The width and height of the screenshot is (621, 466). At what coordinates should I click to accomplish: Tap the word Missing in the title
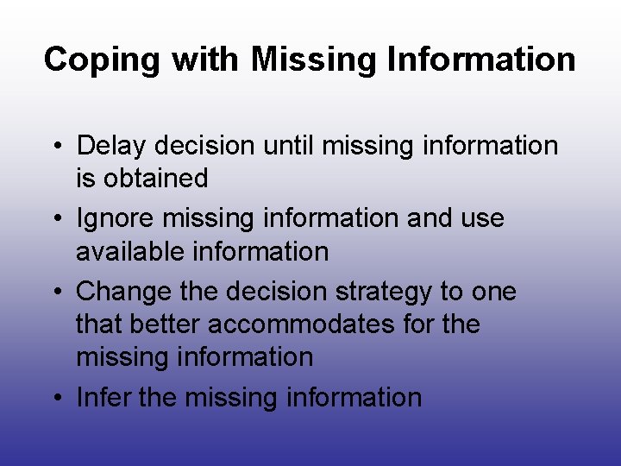308,60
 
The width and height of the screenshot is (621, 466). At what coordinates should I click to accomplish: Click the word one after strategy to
493,291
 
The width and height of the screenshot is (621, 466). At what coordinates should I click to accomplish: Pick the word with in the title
207,60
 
